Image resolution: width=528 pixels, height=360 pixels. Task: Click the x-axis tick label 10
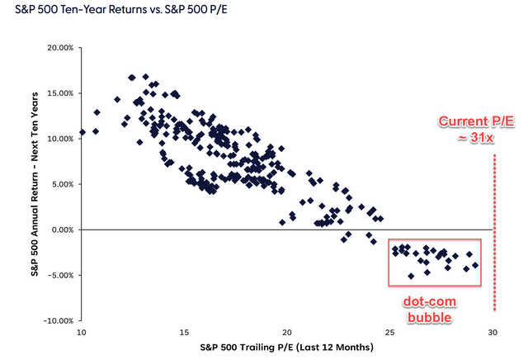81,332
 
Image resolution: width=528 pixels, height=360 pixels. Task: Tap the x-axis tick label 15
184,332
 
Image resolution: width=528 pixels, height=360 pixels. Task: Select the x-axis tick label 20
287,332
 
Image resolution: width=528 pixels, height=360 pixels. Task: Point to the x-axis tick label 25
389,332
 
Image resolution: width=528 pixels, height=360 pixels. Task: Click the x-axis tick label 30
493,332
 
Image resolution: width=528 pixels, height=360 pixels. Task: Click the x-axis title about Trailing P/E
286,348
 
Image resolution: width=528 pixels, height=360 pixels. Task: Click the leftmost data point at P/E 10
82,132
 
